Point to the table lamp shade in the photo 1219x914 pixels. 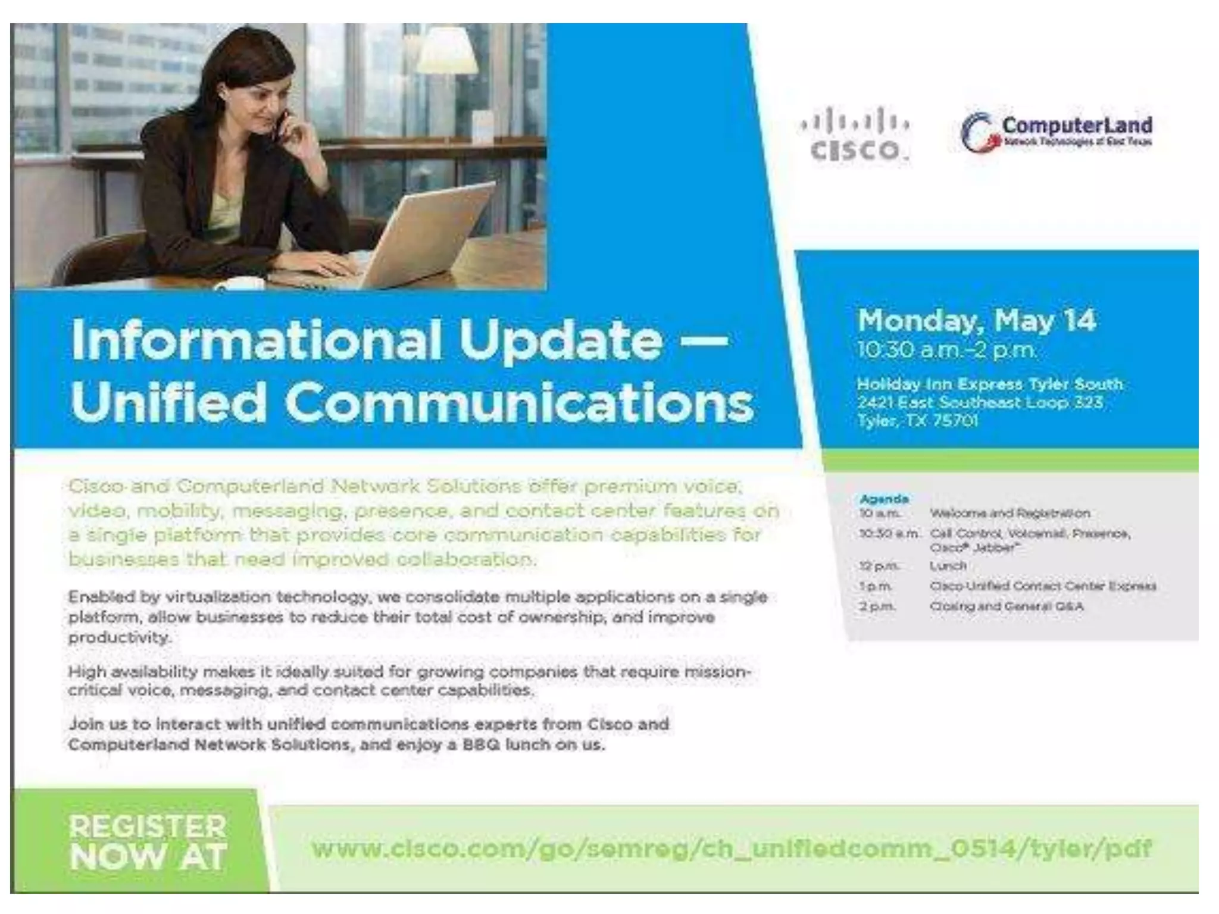tap(447, 51)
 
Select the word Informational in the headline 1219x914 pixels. tap(256, 340)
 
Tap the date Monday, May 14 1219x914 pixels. tap(976, 320)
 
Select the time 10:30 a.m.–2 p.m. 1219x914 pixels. tap(946, 350)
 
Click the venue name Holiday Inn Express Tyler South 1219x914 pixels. tap(989, 384)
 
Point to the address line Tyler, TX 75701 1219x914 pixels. tap(917, 421)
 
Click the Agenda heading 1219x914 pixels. tap(884, 499)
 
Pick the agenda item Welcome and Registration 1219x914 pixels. tap(1009, 513)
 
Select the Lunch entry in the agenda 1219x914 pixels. tap(948, 565)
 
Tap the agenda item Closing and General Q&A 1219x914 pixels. tap(1006, 606)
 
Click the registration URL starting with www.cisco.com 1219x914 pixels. tap(732, 848)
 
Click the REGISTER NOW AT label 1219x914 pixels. tap(148, 841)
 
